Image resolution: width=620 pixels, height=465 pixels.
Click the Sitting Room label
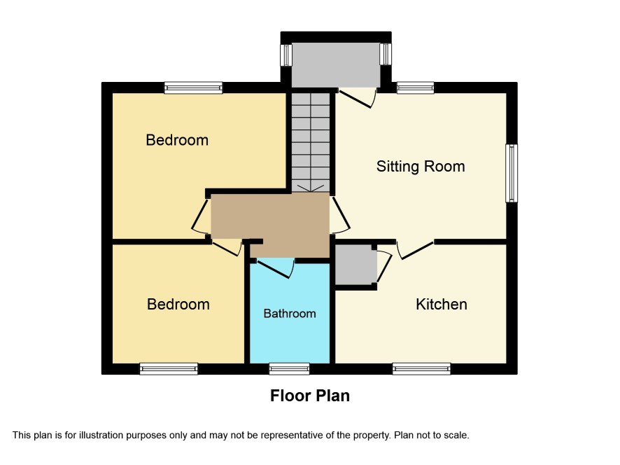[421, 167]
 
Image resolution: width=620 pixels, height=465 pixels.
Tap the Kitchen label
[442, 305]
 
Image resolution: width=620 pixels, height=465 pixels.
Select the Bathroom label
[290, 314]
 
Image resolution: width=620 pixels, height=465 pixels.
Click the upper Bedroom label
[177, 140]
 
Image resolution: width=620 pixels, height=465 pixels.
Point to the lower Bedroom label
[178, 305]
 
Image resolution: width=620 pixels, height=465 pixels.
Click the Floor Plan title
[309, 396]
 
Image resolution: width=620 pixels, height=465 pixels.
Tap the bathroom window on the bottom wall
[289, 369]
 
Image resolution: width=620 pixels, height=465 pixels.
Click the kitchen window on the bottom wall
[421, 369]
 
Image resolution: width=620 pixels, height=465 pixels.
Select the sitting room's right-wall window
[512, 174]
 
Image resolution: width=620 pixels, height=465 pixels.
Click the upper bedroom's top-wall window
[193, 88]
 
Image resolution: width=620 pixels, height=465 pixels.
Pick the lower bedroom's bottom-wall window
[169, 369]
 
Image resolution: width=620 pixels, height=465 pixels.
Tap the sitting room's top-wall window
[415, 88]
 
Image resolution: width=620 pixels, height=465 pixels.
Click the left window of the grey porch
[286, 55]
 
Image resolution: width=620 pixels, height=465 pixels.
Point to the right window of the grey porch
[386, 54]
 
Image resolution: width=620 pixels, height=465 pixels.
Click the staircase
[311, 143]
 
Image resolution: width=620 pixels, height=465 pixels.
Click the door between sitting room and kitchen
[415, 249]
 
